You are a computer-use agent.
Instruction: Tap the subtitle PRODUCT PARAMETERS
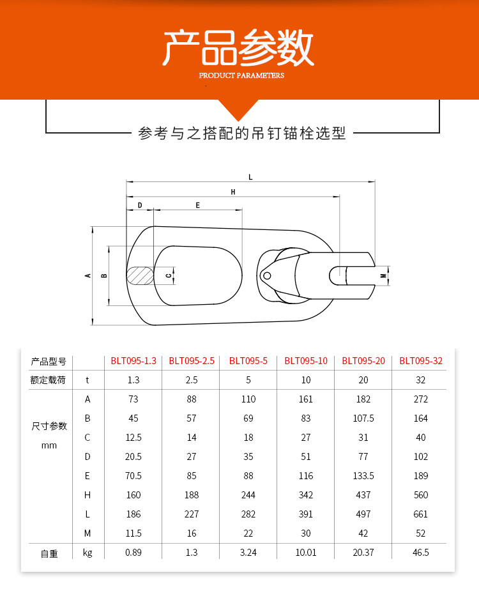pyautogui.click(x=241, y=75)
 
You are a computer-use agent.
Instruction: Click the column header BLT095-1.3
pyautogui.click(x=133, y=361)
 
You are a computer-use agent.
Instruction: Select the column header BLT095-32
pyautogui.click(x=421, y=361)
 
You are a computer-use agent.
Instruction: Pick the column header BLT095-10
pyautogui.click(x=306, y=361)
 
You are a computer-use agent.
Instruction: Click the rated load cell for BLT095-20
pyautogui.click(x=363, y=380)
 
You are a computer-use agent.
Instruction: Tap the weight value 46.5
pyautogui.click(x=421, y=553)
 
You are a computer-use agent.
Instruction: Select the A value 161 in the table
pyautogui.click(x=306, y=399)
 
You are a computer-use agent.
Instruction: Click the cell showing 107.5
pyautogui.click(x=363, y=418)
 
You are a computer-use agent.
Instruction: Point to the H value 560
pyautogui.click(x=421, y=495)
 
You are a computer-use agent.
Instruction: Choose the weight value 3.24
pyautogui.click(x=248, y=553)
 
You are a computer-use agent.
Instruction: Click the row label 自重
pyautogui.click(x=49, y=554)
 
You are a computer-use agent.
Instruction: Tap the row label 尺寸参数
pyautogui.click(x=49, y=426)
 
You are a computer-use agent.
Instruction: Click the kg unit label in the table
pyautogui.click(x=87, y=553)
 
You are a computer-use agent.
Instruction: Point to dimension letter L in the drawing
pyautogui.click(x=250, y=177)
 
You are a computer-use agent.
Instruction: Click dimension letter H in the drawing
pyautogui.click(x=233, y=192)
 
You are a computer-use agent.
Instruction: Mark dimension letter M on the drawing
pyautogui.click(x=383, y=276)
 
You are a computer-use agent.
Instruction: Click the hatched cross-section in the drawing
pyautogui.click(x=140, y=275)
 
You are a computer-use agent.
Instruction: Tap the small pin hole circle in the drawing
pyautogui.click(x=267, y=276)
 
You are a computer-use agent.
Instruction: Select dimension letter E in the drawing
pyautogui.click(x=198, y=205)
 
